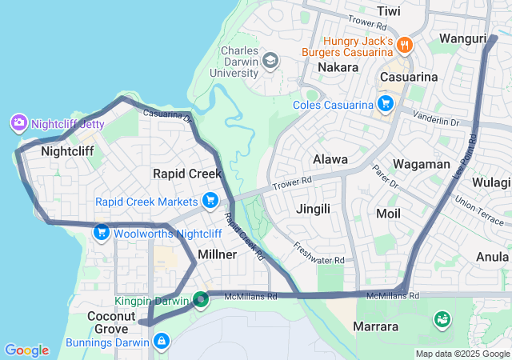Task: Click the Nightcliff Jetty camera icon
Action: pyautogui.click(x=18, y=124)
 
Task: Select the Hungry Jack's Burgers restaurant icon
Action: pyautogui.click(x=405, y=46)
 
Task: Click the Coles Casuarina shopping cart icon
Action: pyautogui.click(x=386, y=104)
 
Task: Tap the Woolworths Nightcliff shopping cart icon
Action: pyautogui.click(x=101, y=234)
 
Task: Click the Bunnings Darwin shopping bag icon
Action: pyautogui.click(x=162, y=342)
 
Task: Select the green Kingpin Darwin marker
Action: pyautogui.click(x=201, y=300)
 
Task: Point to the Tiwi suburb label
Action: pyautogui.click(x=388, y=11)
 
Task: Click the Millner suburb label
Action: pyautogui.click(x=217, y=254)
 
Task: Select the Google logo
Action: pyautogui.click(x=27, y=350)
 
